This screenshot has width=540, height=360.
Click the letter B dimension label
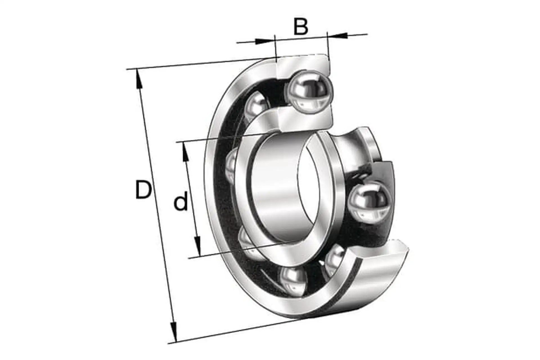(301, 26)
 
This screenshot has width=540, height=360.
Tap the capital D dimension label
(143, 190)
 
